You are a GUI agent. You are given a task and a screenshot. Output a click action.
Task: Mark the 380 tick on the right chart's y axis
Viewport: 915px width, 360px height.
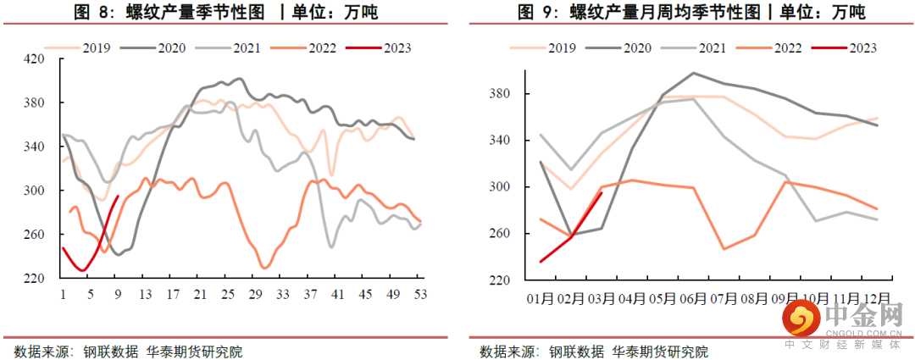[x=502, y=93]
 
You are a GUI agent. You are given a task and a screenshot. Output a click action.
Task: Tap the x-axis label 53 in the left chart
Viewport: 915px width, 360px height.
[x=420, y=294]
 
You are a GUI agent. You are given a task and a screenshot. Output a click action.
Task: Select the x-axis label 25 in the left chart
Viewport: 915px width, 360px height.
[x=226, y=294]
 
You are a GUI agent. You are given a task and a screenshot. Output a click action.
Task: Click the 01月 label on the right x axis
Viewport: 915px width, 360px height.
[x=540, y=299]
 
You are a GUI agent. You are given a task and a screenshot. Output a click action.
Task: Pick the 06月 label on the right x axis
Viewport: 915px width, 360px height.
[x=694, y=299]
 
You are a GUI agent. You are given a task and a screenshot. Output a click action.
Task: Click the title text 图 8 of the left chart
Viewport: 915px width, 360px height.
[x=91, y=12]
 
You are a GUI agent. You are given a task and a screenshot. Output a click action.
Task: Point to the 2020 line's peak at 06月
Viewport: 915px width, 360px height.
[x=693, y=73]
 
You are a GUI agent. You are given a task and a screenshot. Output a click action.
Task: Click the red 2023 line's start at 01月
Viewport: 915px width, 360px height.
[x=541, y=262]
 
